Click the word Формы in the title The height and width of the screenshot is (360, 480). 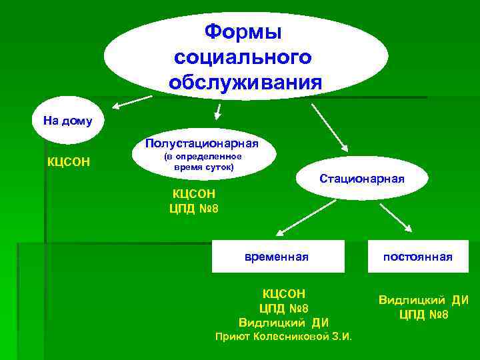pos(243,31)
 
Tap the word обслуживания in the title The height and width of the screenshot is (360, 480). pos(245,83)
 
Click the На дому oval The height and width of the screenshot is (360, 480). pos(67,121)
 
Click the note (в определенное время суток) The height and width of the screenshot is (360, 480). pos(203,161)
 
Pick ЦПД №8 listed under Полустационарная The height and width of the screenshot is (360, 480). pos(194,208)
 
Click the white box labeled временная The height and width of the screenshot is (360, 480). pos(278,257)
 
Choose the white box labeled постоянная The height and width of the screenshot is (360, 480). pos(417,257)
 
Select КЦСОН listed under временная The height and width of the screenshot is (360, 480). pos(284,293)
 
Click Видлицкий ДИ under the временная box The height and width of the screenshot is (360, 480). pos(284,323)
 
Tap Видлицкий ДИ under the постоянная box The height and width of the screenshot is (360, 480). pos(423,300)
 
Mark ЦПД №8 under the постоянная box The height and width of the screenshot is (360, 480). pos(423,315)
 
